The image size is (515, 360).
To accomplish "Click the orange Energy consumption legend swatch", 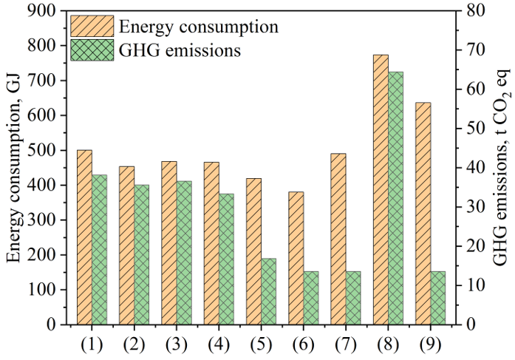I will tap(92, 27).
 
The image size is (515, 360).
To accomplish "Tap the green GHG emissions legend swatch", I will tap(92, 50).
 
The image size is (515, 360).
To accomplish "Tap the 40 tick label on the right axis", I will tap(475, 168).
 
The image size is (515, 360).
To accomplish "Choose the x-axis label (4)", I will tap(219, 344).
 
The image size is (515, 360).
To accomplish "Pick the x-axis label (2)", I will tap(134, 344).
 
